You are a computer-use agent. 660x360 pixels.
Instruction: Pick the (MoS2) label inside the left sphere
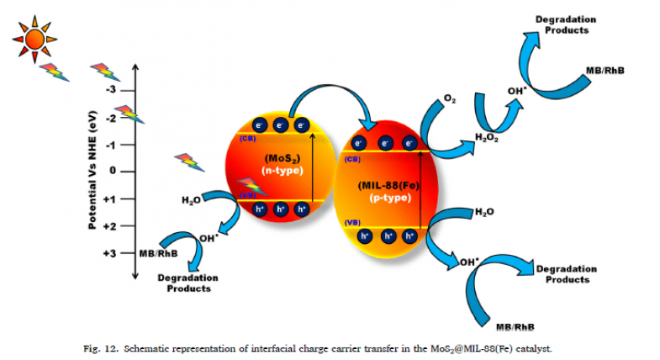pos(278,158)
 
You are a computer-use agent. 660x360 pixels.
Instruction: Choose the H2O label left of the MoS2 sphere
pos(193,200)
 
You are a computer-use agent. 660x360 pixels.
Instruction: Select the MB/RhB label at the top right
pos(604,72)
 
